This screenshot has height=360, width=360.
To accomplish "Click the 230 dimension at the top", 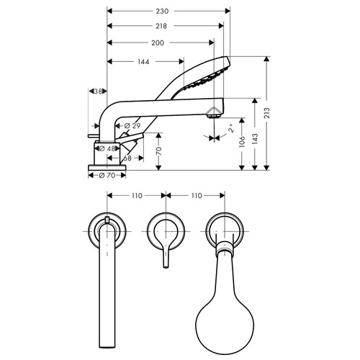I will coord(167,12).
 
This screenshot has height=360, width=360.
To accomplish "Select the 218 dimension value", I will coord(161,26).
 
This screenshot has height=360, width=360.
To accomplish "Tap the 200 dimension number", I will coord(157,43).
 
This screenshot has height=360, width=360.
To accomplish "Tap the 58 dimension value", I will coord(126,157).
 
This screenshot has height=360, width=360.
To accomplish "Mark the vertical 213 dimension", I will coord(269,114).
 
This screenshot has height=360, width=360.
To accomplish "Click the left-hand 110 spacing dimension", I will coord(136,195).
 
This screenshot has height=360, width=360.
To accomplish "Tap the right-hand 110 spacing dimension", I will coord(194,195).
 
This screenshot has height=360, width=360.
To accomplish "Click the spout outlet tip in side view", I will coord(214,112).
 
